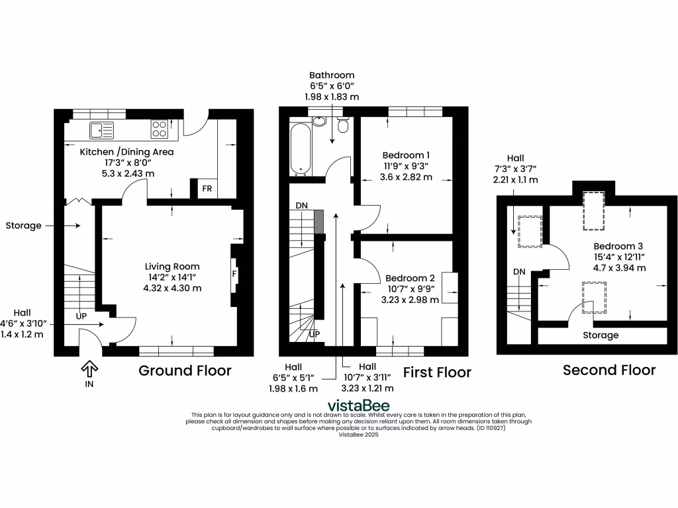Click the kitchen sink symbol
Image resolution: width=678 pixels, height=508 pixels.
tap(102, 130)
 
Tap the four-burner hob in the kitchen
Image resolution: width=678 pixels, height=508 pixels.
tap(160, 128)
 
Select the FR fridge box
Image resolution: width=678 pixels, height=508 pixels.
tap(207, 189)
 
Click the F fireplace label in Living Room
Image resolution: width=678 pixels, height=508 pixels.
tap(234, 273)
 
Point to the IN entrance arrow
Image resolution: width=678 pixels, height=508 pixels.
tap(89, 369)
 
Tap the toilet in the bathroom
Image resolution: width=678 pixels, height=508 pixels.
tap(342, 125)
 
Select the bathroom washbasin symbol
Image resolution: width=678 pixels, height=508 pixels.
tap(319, 121)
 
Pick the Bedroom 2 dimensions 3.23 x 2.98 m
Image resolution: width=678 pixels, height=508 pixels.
tap(410, 300)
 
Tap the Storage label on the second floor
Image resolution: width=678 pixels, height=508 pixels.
tap(601, 335)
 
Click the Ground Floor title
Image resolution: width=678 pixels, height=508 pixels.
tap(185, 370)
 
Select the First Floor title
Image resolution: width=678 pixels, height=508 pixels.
tap(437, 372)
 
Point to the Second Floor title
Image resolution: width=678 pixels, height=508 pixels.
tap(609, 370)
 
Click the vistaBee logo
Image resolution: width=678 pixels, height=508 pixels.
tap(358, 405)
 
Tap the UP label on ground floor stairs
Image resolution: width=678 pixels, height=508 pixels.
tap(81, 316)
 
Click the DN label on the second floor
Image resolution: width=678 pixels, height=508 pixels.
tap(519, 272)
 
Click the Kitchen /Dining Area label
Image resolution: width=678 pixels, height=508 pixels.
tap(126, 152)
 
